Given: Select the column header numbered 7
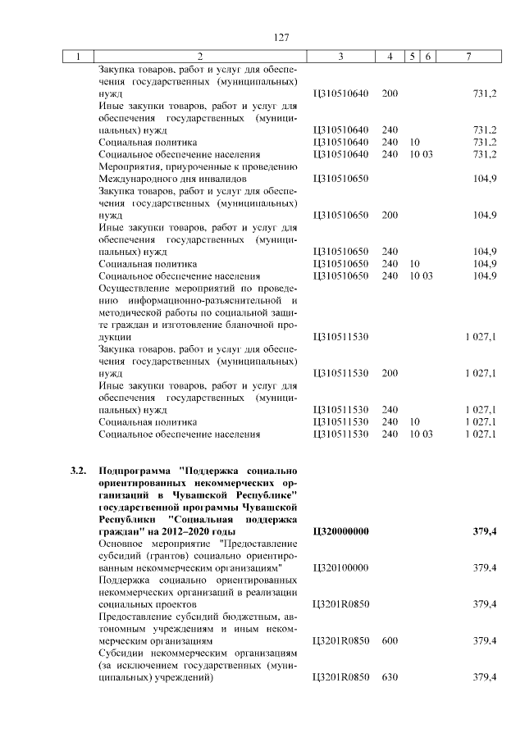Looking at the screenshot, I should point(468,56).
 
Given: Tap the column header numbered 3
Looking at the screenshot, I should point(340,56).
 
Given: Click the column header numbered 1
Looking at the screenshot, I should point(79,56).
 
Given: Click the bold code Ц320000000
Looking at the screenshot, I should point(341,531).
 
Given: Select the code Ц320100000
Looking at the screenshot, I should point(341,567).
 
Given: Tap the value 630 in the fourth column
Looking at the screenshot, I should point(390,677).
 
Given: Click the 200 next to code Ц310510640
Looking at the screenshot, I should point(390,93).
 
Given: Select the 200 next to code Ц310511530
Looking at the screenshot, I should point(390,373).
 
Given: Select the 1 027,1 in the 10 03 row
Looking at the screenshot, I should point(480,434).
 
